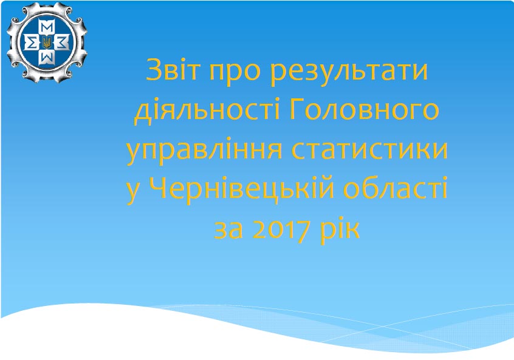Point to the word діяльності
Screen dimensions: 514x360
coord(207,110)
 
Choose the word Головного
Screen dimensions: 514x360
coord(364,111)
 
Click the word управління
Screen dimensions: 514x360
coord(204,151)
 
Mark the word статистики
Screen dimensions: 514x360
coord(369,150)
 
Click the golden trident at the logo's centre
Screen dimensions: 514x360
coord(47,42)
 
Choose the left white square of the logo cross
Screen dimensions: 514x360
coord(30,42)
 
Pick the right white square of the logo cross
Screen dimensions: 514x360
coord(63,42)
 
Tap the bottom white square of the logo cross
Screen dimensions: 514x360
coord(47,58)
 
